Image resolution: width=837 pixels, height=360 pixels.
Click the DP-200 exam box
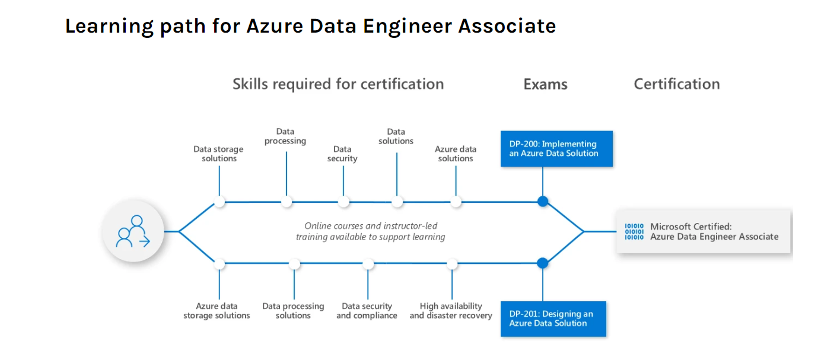[x=556, y=148]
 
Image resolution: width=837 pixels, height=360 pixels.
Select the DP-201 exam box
[x=553, y=318]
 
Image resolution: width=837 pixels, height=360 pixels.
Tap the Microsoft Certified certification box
[x=704, y=231]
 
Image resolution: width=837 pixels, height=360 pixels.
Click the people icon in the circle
[x=133, y=231]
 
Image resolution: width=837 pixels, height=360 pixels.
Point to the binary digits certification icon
[x=634, y=231]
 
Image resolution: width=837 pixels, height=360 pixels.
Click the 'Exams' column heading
[x=545, y=84]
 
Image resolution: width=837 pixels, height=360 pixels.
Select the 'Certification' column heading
[x=676, y=84]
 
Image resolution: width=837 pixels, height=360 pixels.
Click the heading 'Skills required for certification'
[x=338, y=84]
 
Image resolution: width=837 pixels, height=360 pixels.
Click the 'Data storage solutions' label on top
[x=218, y=154]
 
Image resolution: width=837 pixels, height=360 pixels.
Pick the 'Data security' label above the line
[x=342, y=154]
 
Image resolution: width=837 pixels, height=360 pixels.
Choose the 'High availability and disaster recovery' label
[x=451, y=311]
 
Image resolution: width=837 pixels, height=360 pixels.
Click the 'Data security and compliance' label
[x=367, y=311]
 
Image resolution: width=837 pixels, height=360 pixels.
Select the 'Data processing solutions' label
[x=293, y=311]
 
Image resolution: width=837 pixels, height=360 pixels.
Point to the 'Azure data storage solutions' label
[x=217, y=311]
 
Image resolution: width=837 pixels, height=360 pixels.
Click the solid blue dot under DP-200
[x=542, y=202]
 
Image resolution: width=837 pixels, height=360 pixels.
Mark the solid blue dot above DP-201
[x=542, y=263]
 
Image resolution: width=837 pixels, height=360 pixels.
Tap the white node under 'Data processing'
[x=287, y=202]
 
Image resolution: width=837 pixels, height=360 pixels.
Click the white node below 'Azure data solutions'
[x=456, y=202]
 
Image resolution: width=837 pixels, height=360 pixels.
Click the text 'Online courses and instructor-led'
[x=371, y=226]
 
